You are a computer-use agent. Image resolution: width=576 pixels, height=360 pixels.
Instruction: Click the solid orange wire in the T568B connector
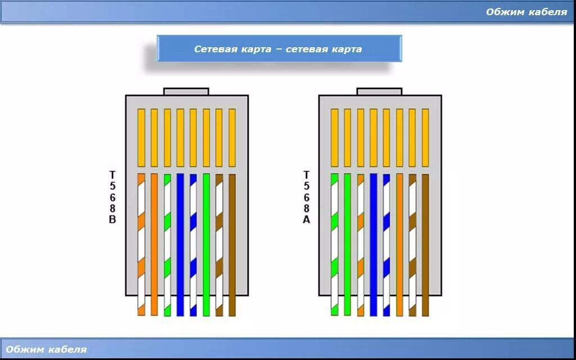pyautogui.click(x=154, y=242)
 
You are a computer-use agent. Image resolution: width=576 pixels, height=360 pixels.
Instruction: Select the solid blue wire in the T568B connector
pyautogui.click(x=180, y=242)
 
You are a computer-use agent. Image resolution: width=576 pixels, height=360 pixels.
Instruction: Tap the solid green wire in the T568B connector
pyautogui.click(x=206, y=242)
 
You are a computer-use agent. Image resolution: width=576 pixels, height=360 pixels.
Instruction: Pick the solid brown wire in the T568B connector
pyautogui.click(x=232, y=242)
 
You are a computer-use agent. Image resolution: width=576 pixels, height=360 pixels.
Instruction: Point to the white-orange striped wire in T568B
pyautogui.click(x=141, y=242)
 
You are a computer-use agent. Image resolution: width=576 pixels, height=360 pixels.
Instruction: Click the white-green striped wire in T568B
pyautogui.click(x=167, y=242)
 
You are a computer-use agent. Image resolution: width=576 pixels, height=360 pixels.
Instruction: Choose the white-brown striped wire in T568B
pyautogui.click(x=219, y=242)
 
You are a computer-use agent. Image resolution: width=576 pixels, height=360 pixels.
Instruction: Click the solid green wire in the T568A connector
pyautogui.click(x=347, y=242)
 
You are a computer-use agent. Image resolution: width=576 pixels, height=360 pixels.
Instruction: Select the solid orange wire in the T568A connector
pyautogui.click(x=399, y=242)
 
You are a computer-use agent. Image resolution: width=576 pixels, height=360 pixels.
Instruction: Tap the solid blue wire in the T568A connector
pyautogui.click(x=373, y=242)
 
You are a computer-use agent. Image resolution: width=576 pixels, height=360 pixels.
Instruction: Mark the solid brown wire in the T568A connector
pyautogui.click(x=425, y=242)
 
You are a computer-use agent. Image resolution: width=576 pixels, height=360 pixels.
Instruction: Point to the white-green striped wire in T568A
pyautogui.click(x=334, y=242)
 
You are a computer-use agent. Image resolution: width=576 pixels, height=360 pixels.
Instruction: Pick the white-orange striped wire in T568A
pyautogui.click(x=361, y=242)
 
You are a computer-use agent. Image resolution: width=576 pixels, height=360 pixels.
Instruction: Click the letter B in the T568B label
pyautogui.click(x=112, y=219)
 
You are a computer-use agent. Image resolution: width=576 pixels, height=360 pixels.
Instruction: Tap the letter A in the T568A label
pyautogui.click(x=307, y=219)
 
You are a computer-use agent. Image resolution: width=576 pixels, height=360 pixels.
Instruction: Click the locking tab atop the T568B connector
pyautogui.click(x=186, y=91)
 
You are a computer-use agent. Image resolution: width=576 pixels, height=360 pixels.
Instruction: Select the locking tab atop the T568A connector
pyautogui.click(x=380, y=91)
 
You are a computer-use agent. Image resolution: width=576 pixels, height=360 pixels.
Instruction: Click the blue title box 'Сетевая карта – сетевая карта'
pyautogui.click(x=279, y=49)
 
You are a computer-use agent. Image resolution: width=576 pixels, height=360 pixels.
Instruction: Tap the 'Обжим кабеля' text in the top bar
pyautogui.click(x=526, y=12)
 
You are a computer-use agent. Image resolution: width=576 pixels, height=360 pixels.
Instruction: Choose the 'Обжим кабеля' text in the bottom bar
pyautogui.click(x=47, y=349)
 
